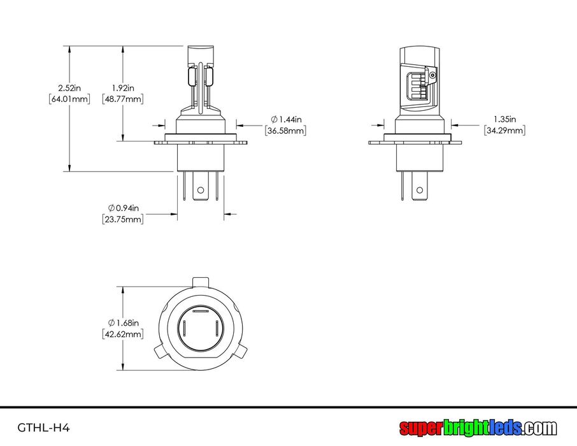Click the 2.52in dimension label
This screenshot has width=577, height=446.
69,88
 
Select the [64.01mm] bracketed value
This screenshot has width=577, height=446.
69,99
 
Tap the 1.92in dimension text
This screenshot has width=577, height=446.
123,88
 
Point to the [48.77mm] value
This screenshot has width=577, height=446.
123,99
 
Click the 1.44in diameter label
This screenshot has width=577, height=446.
287,119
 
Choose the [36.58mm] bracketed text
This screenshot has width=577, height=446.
285,131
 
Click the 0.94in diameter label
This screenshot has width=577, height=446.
124,208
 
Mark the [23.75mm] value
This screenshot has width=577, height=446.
123,219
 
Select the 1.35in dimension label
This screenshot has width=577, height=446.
505,119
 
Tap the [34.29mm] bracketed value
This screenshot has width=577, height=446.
505,130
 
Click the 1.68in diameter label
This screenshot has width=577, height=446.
124,323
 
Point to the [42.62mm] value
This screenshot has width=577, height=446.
123,334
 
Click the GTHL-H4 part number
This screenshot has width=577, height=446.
43,428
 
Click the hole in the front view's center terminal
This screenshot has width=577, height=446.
201,190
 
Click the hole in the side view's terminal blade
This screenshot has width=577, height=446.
420,190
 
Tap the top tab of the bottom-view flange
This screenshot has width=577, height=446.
201,282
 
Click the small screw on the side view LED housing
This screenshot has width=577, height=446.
432,75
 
